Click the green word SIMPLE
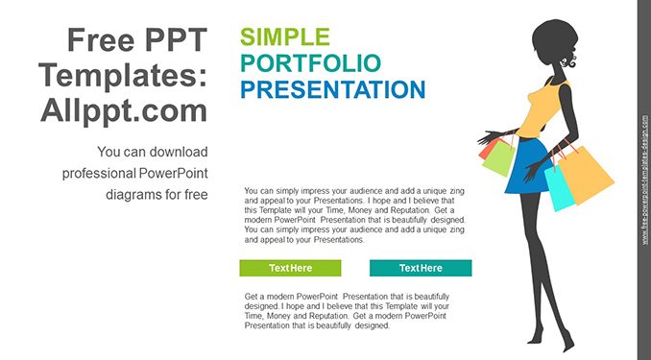point(285,36)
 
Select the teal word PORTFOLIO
point(310,63)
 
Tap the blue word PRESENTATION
point(333,89)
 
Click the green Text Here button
point(290,268)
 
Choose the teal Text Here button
point(421,268)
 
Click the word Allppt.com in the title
point(124,110)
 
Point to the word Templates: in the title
point(123,76)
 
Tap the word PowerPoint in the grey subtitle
point(173,173)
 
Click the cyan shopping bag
point(559,188)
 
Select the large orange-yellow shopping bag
point(586,175)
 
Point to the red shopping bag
point(487,150)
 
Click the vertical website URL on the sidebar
point(644,180)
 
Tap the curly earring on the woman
point(568,62)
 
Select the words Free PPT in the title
point(137,39)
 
